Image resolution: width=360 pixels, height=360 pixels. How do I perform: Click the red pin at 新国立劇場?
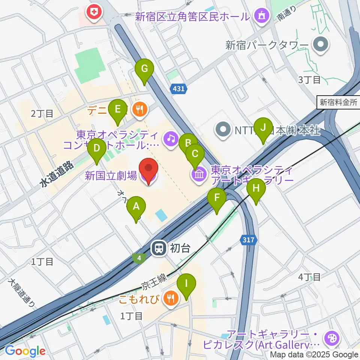point(148,171)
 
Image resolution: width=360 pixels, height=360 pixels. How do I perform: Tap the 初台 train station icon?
point(159,247)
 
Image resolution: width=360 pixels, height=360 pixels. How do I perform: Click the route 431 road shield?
point(178,89)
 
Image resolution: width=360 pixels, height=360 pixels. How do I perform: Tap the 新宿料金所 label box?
point(338,102)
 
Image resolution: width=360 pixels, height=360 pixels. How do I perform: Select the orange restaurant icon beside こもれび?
point(172,298)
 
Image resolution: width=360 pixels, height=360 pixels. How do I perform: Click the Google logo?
point(25,351)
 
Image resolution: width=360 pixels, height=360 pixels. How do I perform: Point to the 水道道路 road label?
point(56,174)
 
